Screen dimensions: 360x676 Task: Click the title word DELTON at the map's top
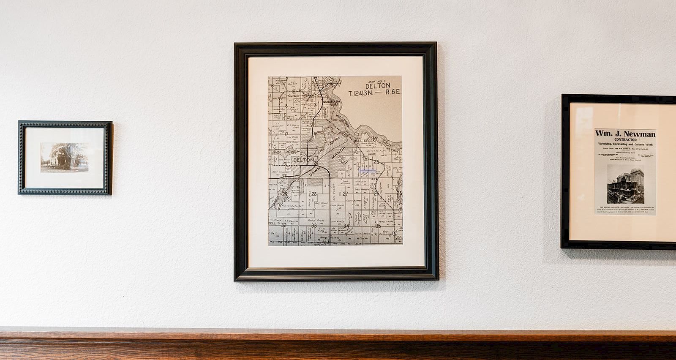(x=378, y=86)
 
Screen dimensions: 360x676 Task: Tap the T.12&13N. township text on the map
(x=361, y=93)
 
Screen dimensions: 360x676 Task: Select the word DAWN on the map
(x=315, y=170)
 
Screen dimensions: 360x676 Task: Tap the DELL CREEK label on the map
(x=364, y=140)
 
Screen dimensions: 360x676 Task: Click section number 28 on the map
(x=314, y=194)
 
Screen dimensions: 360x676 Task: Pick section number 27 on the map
(x=345, y=194)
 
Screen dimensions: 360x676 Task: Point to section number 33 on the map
(x=314, y=226)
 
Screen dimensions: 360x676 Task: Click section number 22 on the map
(x=345, y=162)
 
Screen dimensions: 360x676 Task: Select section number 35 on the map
(x=378, y=226)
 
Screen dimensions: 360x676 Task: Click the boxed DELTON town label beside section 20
(x=303, y=160)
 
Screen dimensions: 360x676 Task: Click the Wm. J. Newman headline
(x=625, y=134)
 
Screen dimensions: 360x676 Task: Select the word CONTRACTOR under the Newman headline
(x=625, y=140)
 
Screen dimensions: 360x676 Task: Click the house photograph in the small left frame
(x=64, y=157)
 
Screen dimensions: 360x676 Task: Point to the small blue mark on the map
(x=368, y=171)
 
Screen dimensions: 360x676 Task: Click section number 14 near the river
(x=374, y=138)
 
